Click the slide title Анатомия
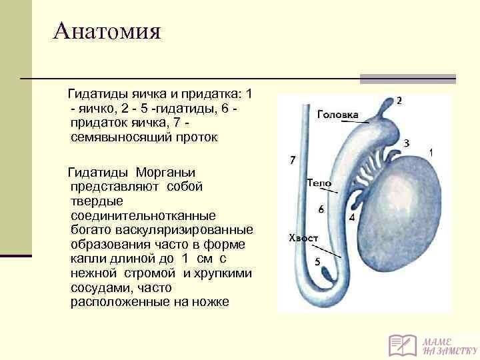tap(107, 31)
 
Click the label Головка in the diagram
tap(337, 115)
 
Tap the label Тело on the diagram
tap(319, 183)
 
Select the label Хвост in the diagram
tap(303, 238)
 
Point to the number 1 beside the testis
tap(431, 153)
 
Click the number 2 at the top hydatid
tap(399, 101)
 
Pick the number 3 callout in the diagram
tap(406, 143)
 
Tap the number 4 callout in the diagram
tap(352, 217)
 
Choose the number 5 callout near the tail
tap(317, 262)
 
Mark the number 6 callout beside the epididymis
tap(321, 209)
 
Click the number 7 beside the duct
tap(293, 160)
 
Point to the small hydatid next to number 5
tap(327, 273)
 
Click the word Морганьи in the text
tap(165, 173)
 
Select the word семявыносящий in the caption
tap(121, 138)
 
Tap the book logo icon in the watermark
tap(402, 345)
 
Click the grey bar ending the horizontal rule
tap(408, 79)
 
